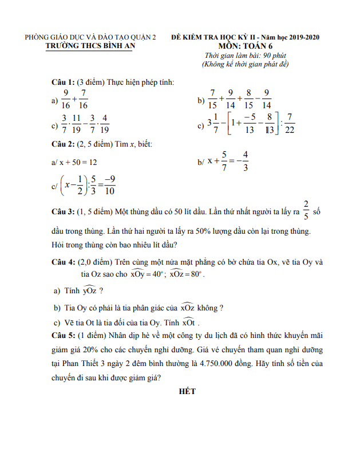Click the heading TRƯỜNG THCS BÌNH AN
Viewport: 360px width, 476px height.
[90, 46]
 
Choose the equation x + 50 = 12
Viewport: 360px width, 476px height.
[78, 162]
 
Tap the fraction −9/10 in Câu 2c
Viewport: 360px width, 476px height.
[109, 185]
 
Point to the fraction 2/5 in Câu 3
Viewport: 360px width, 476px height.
[306, 211]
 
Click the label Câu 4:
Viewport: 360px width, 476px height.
[63, 262]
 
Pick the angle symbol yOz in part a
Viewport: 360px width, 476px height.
[89, 291]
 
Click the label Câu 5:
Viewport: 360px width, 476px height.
[63, 335]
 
